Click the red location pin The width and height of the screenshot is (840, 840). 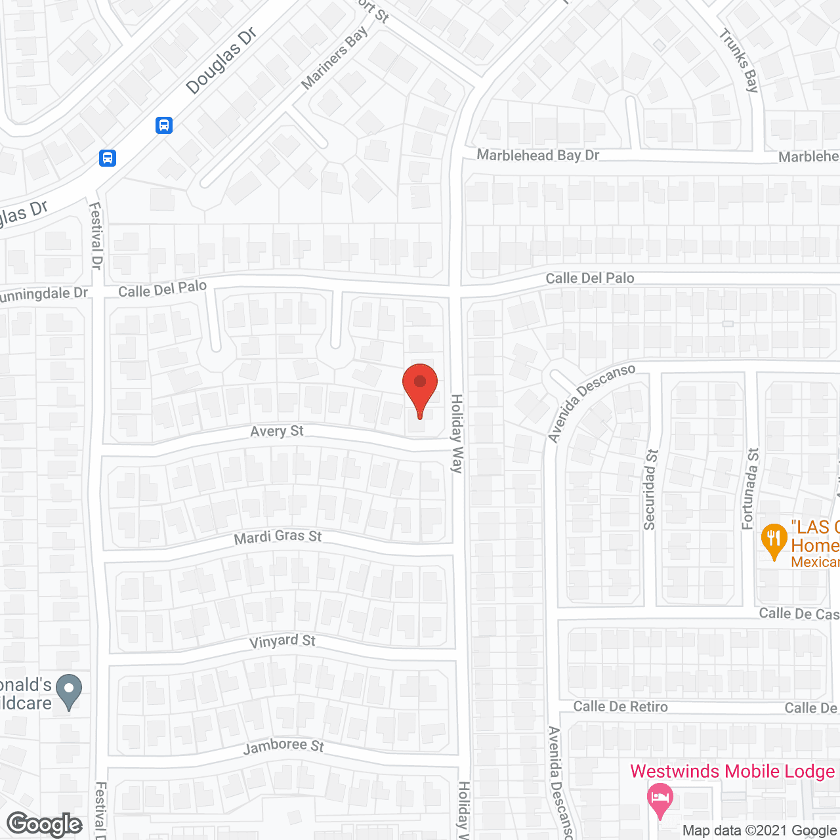tap(419, 387)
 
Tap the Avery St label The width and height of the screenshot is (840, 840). tap(277, 431)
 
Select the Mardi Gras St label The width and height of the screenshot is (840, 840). tap(278, 537)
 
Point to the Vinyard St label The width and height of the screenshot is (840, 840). tap(282, 641)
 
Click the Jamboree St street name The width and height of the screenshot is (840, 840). tap(283, 746)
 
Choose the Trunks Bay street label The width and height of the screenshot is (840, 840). tap(740, 60)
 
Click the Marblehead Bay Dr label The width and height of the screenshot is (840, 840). tap(538, 156)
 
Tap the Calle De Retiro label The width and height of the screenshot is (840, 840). tap(620, 707)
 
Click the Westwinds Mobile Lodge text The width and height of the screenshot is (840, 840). tap(732, 771)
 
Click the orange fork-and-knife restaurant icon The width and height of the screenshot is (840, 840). tap(774, 539)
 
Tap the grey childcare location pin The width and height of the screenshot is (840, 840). tap(68, 690)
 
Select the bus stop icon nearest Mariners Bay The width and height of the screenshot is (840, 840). tap(164, 125)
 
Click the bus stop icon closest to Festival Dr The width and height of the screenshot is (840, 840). tap(108, 158)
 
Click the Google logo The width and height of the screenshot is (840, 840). tap(45, 824)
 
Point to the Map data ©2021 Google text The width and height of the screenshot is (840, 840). tap(760, 831)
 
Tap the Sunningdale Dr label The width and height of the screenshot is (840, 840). tap(43, 294)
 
